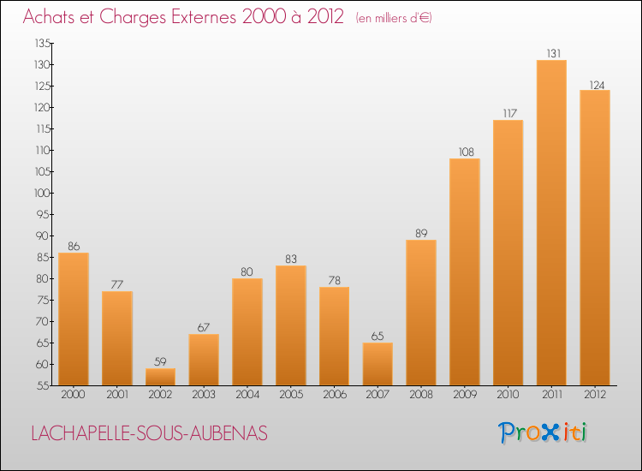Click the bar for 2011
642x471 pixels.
click(x=551, y=223)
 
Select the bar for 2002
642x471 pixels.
click(x=160, y=377)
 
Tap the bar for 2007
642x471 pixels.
click(x=377, y=364)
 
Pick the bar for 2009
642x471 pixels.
click(x=464, y=271)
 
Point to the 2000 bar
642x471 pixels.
click(x=74, y=319)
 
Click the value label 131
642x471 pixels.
click(x=551, y=53)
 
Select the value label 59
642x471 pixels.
click(x=160, y=361)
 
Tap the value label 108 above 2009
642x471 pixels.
click(x=464, y=152)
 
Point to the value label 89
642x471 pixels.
click(x=421, y=233)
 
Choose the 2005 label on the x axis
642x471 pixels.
click(x=291, y=395)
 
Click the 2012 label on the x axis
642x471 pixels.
click(x=595, y=395)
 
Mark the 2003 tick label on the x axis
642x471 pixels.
click(x=204, y=395)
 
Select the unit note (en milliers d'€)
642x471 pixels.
click(x=381, y=18)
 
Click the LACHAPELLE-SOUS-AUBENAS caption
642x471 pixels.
click(x=149, y=433)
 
